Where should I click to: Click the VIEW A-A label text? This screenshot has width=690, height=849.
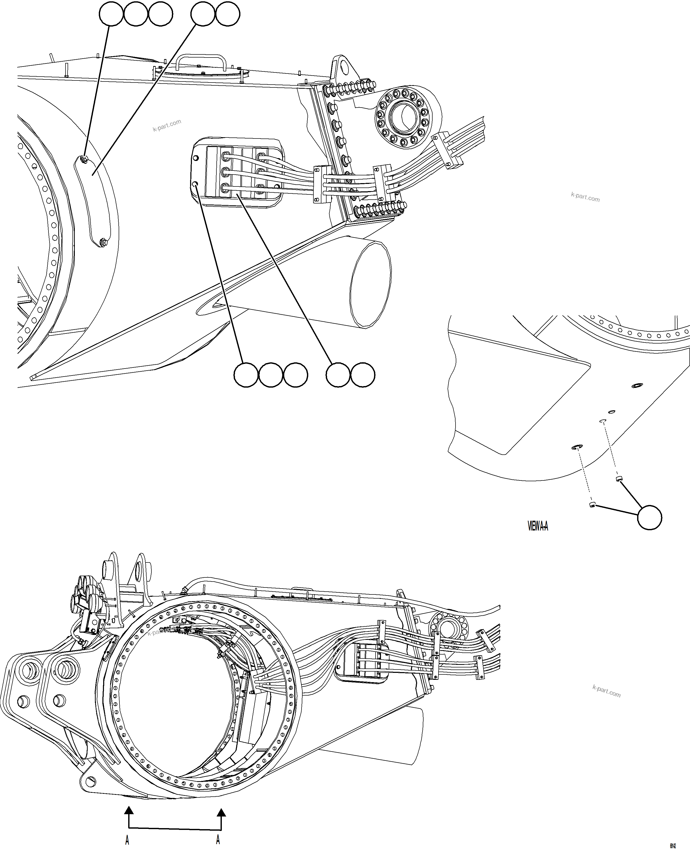tap(538, 526)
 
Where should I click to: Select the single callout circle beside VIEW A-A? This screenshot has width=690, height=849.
tap(650, 518)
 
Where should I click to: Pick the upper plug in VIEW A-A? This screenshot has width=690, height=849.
tap(619, 478)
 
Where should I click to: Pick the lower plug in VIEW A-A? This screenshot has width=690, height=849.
tap(592, 505)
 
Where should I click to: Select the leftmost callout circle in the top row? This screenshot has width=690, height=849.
tap(111, 14)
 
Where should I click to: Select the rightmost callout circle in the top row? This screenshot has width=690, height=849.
tap(227, 14)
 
